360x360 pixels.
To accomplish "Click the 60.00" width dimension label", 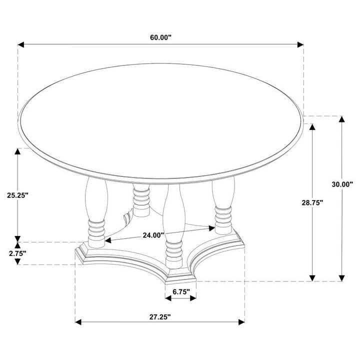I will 160,37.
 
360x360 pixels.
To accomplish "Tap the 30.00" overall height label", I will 342,184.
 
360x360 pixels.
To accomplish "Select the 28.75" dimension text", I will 311,202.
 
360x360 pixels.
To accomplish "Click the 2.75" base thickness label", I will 17,253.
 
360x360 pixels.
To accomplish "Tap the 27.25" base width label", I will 160,316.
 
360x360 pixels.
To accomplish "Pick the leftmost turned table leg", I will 95,210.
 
